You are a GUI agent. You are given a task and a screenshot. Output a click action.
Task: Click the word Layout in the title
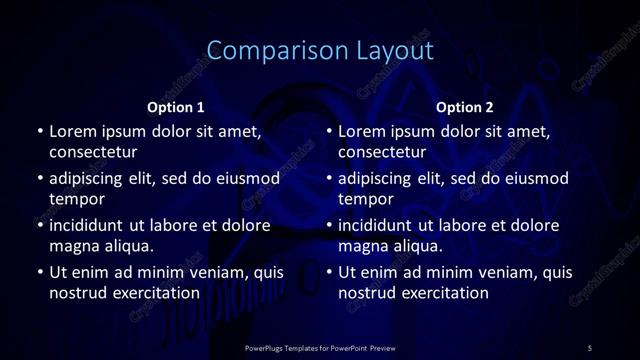(390, 51)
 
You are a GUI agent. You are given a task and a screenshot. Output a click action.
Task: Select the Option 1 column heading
(176, 107)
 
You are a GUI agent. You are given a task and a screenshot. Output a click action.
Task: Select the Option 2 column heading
(465, 107)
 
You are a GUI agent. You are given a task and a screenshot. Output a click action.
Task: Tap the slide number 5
(590, 347)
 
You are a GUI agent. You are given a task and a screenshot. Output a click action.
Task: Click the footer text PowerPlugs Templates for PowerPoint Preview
(320, 347)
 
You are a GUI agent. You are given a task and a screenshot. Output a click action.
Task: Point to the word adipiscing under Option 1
(90, 178)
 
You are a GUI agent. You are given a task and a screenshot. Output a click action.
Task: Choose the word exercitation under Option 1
(155, 293)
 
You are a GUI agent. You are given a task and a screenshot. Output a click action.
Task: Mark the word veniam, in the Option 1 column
(219, 272)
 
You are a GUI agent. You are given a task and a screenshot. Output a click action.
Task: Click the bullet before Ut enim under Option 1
(39, 272)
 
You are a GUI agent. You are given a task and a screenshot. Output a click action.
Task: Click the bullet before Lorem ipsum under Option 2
(329, 131)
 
